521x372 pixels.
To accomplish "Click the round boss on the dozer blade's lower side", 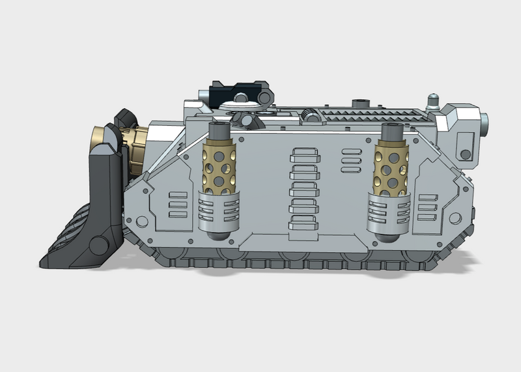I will (x=99, y=246).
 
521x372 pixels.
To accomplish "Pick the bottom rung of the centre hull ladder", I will (x=303, y=223).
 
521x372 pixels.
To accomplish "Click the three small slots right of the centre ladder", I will (x=351, y=161).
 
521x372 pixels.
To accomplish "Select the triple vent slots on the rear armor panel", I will (x=429, y=206).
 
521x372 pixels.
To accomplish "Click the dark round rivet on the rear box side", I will (x=465, y=154).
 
